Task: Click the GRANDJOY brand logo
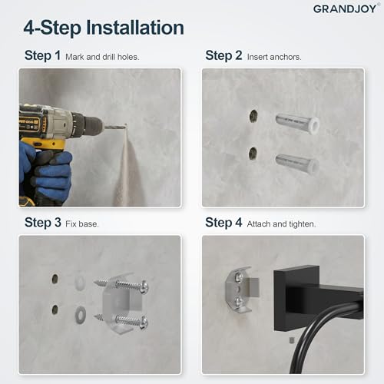point(345,8)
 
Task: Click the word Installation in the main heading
point(135,28)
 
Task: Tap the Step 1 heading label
point(42,55)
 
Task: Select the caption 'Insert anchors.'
point(274,57)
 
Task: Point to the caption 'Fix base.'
point(82,224)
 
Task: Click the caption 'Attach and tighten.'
point(281,224)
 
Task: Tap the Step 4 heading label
point(223,223)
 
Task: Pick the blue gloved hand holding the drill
point(48,167)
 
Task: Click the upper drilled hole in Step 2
point(253,116)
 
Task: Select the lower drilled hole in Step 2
point(253,154)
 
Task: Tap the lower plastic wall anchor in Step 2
point(297,164)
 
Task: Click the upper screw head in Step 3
point(144,287)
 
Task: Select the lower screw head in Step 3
point(144,323)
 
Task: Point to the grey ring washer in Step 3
point(81,314)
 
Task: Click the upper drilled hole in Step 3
point(55,279)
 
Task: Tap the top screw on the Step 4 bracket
point(239,277)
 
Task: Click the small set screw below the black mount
point(292,340)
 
